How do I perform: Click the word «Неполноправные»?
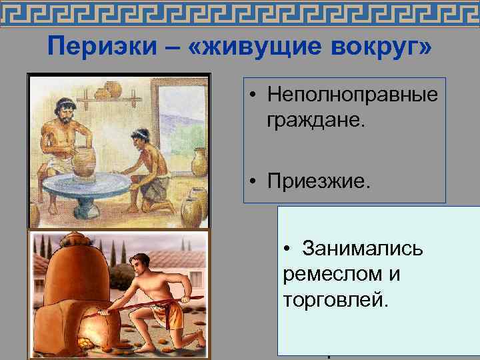click(352, 95)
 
